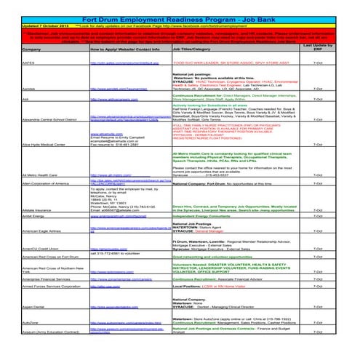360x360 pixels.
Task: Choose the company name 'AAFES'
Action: pos(10,64)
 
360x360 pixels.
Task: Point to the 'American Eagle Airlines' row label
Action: pos(26,250)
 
